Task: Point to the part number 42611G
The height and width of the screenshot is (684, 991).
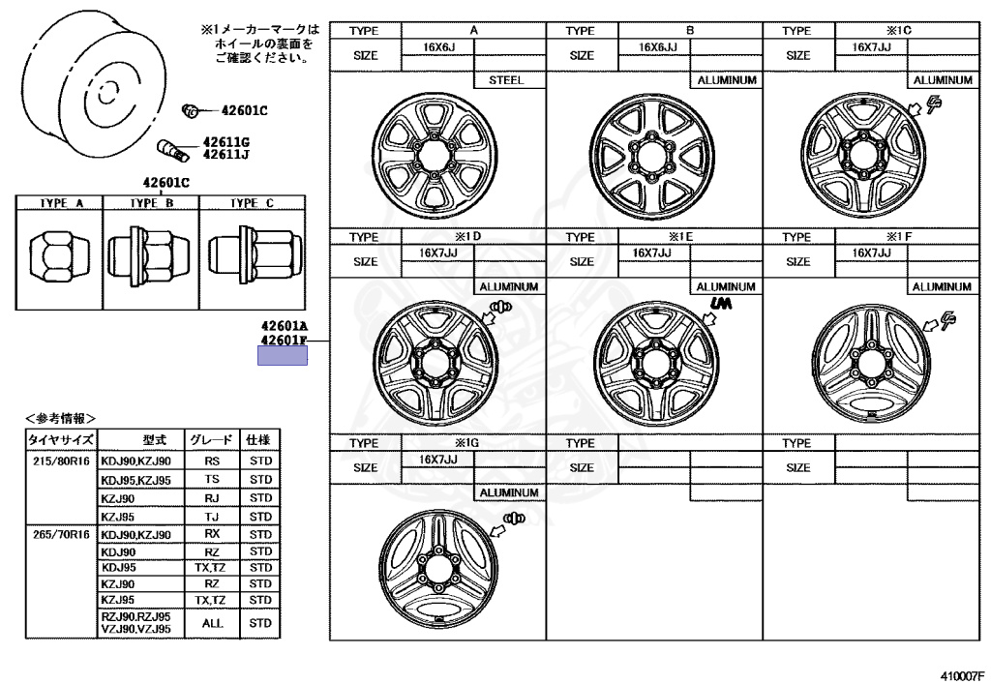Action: click(x=225, y=141)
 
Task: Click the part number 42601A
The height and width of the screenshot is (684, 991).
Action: click(x=283, y=327)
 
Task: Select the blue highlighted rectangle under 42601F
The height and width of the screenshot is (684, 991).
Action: click(x=282, y=355)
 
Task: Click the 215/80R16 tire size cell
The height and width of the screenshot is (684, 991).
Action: click(x=61, y=461)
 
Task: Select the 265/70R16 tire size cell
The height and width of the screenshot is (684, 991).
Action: click(x=61, y=534)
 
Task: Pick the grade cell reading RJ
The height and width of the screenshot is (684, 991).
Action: click(x=213, y=498)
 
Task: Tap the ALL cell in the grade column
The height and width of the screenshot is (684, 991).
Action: click(x=213, y=623)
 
